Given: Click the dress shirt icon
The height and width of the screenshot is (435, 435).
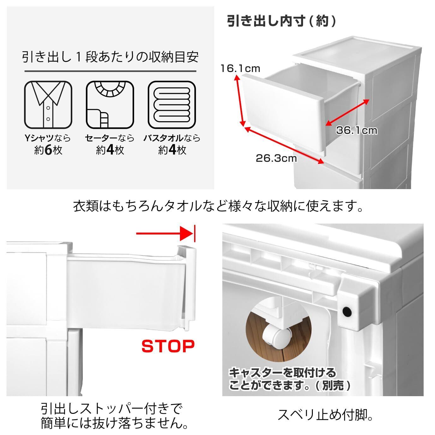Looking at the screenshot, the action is [x=48, y=105].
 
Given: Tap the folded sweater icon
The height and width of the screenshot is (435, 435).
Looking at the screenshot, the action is [x=110, y=105].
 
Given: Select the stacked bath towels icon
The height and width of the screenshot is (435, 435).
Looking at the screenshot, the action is [x=172, y=105].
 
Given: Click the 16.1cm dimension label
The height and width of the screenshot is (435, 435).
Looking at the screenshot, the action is [x=240, y=69].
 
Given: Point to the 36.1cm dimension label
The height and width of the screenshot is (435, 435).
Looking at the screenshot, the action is [x=357, y=130].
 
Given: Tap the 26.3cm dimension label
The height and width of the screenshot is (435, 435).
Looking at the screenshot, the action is [x=276, y=158].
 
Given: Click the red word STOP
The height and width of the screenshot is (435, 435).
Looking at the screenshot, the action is [x=168, y=346].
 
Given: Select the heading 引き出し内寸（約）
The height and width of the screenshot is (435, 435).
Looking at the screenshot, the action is [x=282, y=21].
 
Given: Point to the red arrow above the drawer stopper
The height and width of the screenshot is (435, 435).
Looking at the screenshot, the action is [x=165, y=233].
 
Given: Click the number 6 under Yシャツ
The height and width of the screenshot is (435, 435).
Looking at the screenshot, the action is [x=49, y=150].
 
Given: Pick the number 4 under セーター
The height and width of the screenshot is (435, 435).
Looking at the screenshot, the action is [x=110, y=150].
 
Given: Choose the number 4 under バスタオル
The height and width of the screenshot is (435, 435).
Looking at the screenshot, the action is [x=172, y=150].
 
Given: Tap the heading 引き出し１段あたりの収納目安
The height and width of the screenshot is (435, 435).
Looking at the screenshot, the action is [x=110, y=57].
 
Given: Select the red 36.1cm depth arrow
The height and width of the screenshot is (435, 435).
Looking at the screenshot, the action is [x=347, y=112].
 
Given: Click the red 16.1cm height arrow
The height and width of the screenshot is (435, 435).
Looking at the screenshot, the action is [x=240, y=101].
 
